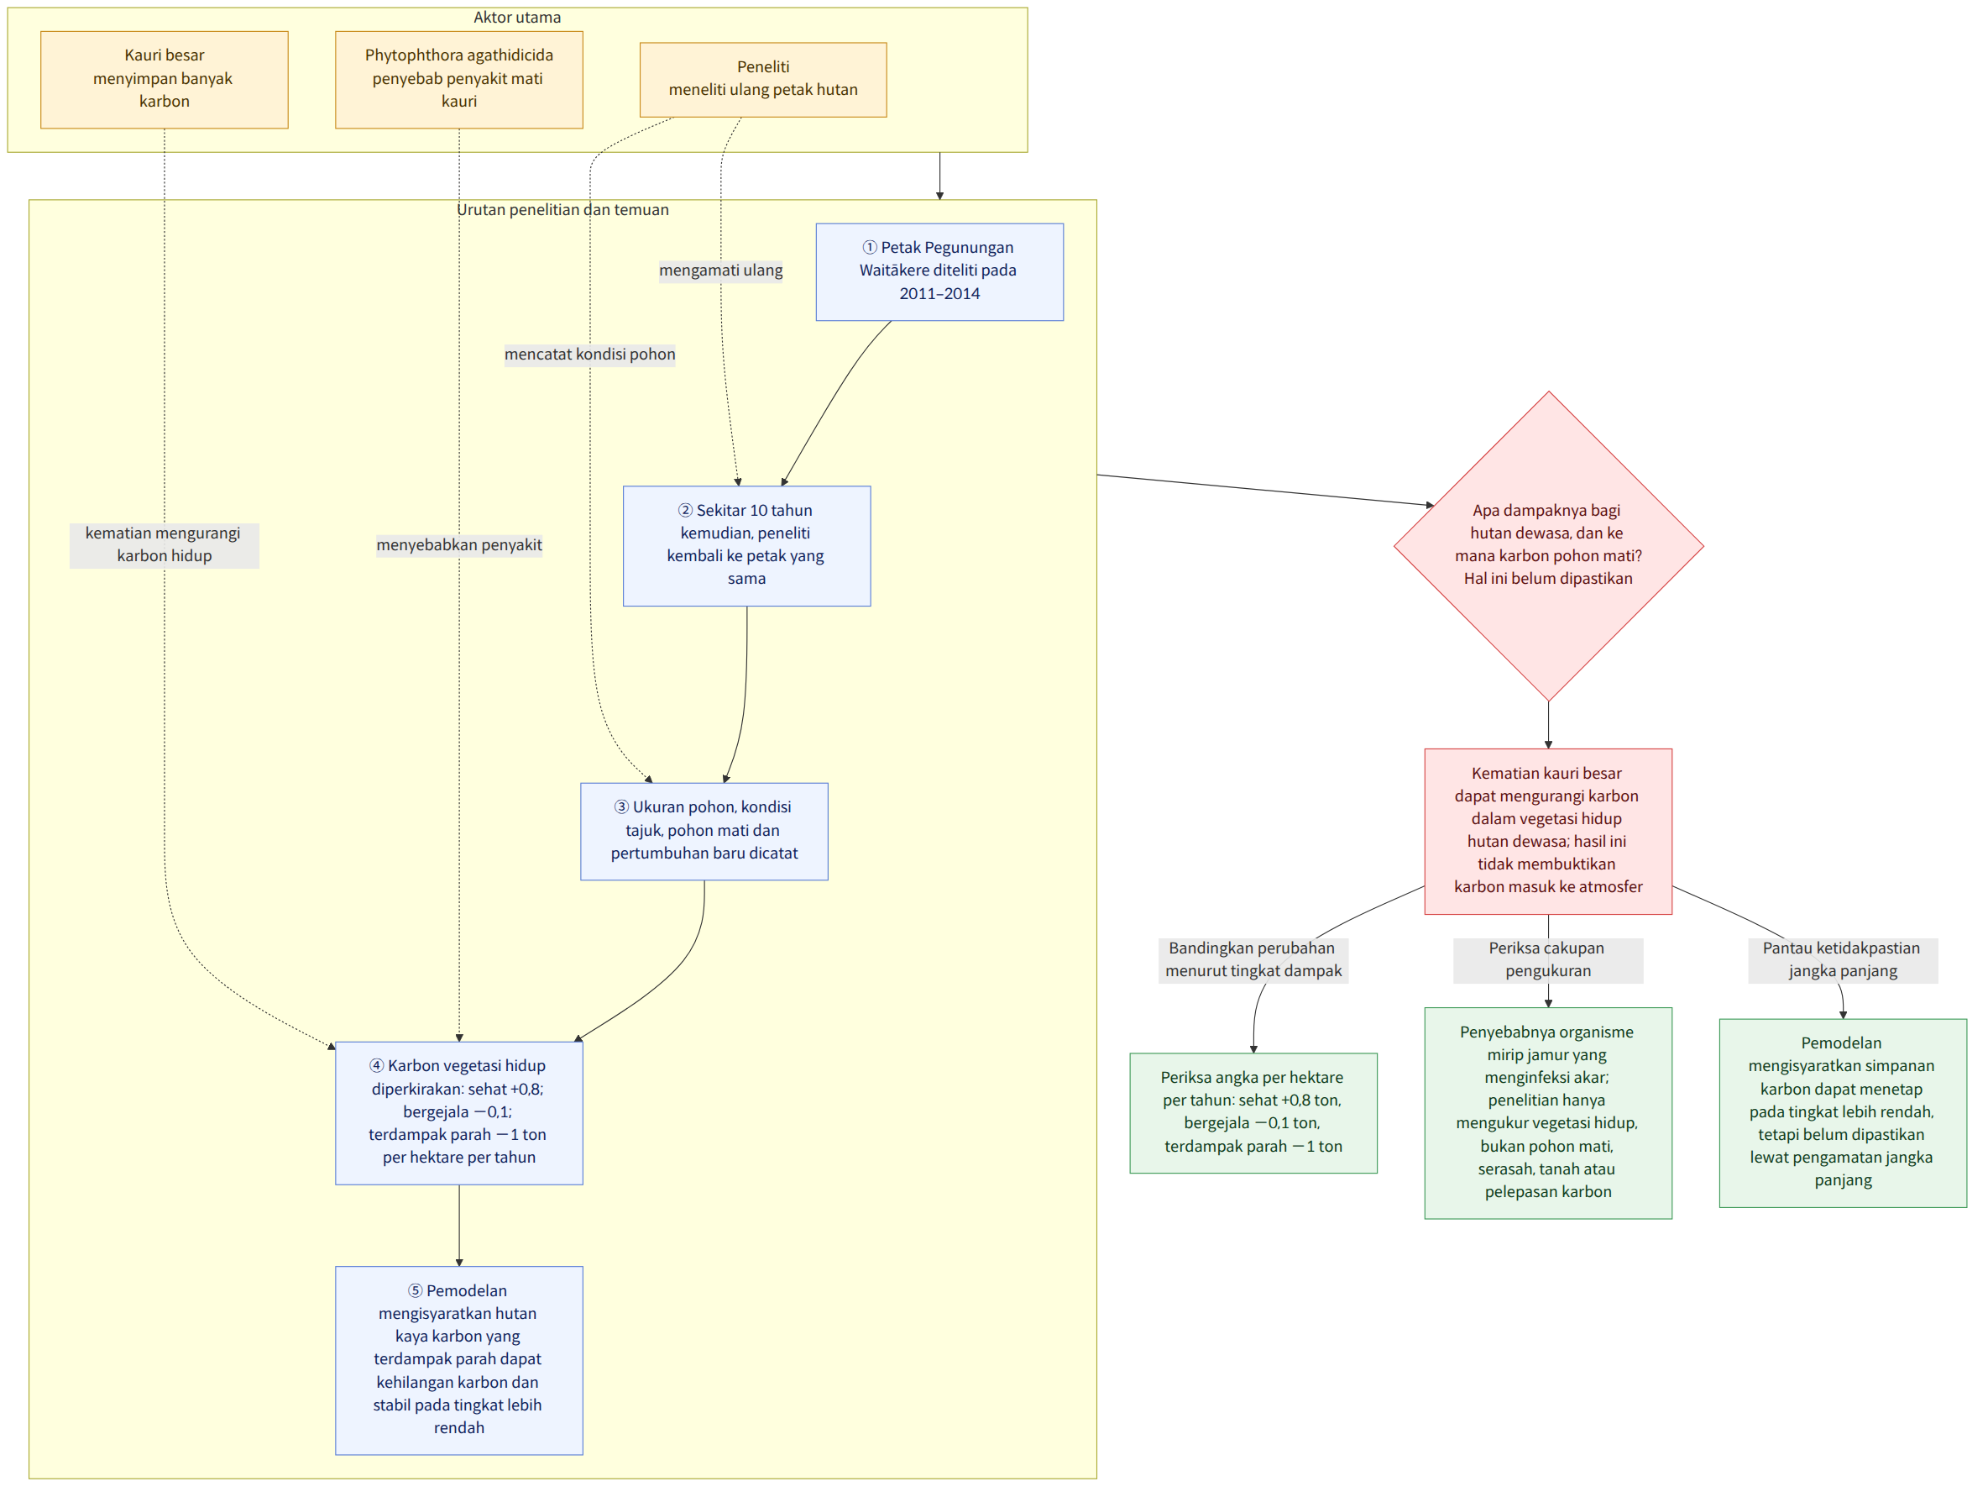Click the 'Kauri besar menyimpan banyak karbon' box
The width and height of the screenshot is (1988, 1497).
[165, 79]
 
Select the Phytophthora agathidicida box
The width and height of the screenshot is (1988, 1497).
[459, 79]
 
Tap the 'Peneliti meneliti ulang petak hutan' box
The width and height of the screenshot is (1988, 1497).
[763, 79]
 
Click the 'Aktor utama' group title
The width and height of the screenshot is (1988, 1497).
[518, 17]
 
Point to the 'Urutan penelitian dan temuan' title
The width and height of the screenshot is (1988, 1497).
[562, 209]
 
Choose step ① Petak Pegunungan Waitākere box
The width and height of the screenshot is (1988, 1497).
[939, 271]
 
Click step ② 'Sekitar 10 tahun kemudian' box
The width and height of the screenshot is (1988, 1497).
[747, 546]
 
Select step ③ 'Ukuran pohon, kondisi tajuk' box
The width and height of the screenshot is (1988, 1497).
[704, 831]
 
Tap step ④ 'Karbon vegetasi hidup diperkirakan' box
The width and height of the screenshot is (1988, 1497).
[459, 1113]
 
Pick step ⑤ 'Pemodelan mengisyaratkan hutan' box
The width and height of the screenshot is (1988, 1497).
[459, 1360]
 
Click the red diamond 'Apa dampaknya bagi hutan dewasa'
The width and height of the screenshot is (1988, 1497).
[1549, 546]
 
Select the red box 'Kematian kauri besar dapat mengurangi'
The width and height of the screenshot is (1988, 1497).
[1549, 832]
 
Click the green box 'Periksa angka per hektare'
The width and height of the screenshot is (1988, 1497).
[1253, 1113]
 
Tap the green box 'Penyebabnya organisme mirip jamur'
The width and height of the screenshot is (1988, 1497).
[1549, 1113]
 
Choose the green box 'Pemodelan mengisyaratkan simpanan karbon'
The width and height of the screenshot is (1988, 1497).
[1844, 1113]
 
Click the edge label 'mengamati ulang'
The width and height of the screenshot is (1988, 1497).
[721, 271]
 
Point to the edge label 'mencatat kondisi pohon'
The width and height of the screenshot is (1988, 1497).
[589, 355]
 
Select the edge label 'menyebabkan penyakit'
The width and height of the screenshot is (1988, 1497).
[459, 545]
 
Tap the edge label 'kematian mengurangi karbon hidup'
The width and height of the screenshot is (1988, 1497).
[165, 545]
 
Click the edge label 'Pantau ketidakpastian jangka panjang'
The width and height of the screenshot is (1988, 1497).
[1844, 960]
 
